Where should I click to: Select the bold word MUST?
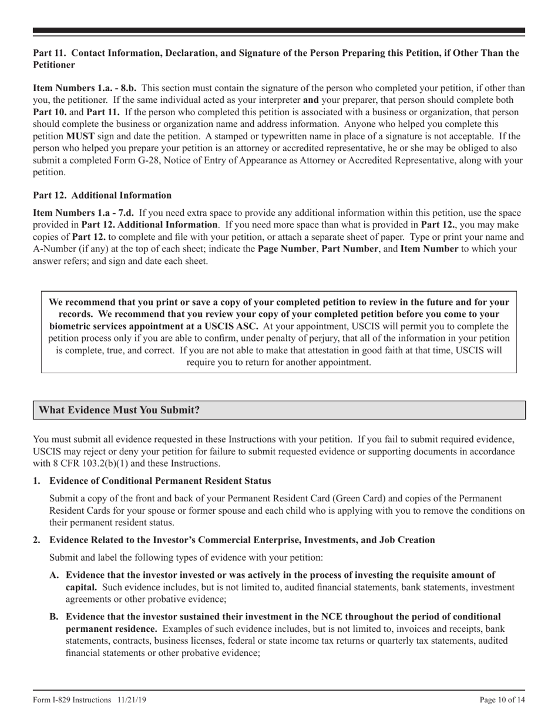tap(80, 136)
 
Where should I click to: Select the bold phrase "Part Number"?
tap(348, 249)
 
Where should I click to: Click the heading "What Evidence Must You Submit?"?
tap(119, 410)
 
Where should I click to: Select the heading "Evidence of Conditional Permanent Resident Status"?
tap(160, 481)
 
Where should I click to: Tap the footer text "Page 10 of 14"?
tap(502, 700)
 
